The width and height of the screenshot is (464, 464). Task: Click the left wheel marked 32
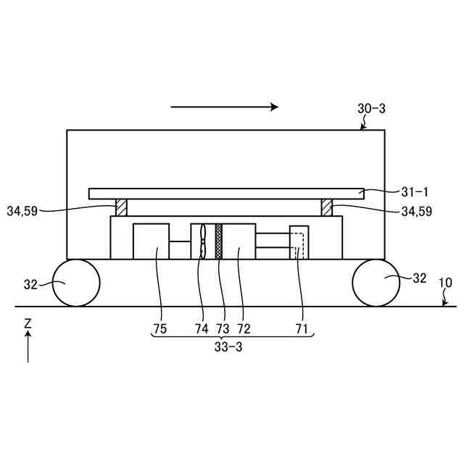click(x=76, y=283)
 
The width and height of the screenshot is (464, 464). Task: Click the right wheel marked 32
click(x=376, y=283)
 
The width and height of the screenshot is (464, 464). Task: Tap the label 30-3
click(x=371, y=109)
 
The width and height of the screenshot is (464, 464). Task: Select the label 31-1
click(x=415, y=192)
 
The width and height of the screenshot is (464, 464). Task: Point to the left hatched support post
click(x=121, y=207)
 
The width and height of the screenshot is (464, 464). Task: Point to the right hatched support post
click(x=327, y=207)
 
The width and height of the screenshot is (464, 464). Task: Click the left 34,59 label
click(x=22, y=211)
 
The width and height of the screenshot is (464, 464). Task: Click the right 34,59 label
click(x=416, y=211)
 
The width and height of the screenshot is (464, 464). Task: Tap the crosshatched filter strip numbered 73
click(x=219, y=241)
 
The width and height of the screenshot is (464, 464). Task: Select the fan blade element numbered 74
click(x=203, y=241)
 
